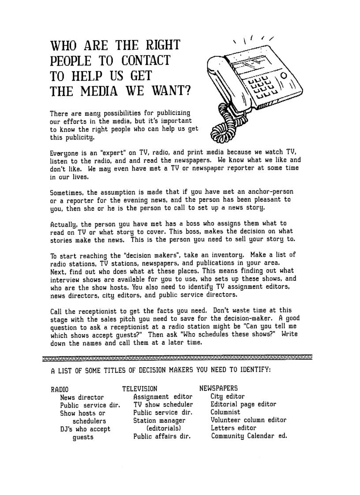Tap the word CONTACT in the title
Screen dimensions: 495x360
click(142, 60)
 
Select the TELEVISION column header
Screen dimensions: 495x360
click(139, 389)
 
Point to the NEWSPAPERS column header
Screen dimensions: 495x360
click(218, 388)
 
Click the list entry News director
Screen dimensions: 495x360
click(82, 397)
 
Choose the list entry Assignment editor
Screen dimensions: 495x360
click(163, 397)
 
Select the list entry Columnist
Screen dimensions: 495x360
click(225, 413)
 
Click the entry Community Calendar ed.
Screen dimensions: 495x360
click(249, 436)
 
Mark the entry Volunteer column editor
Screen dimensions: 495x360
click(248, 420)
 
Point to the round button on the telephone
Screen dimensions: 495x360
click(284, 76)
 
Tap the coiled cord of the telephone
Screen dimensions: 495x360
click(223, 128)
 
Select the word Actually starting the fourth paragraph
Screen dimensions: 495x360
click(63, 223)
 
